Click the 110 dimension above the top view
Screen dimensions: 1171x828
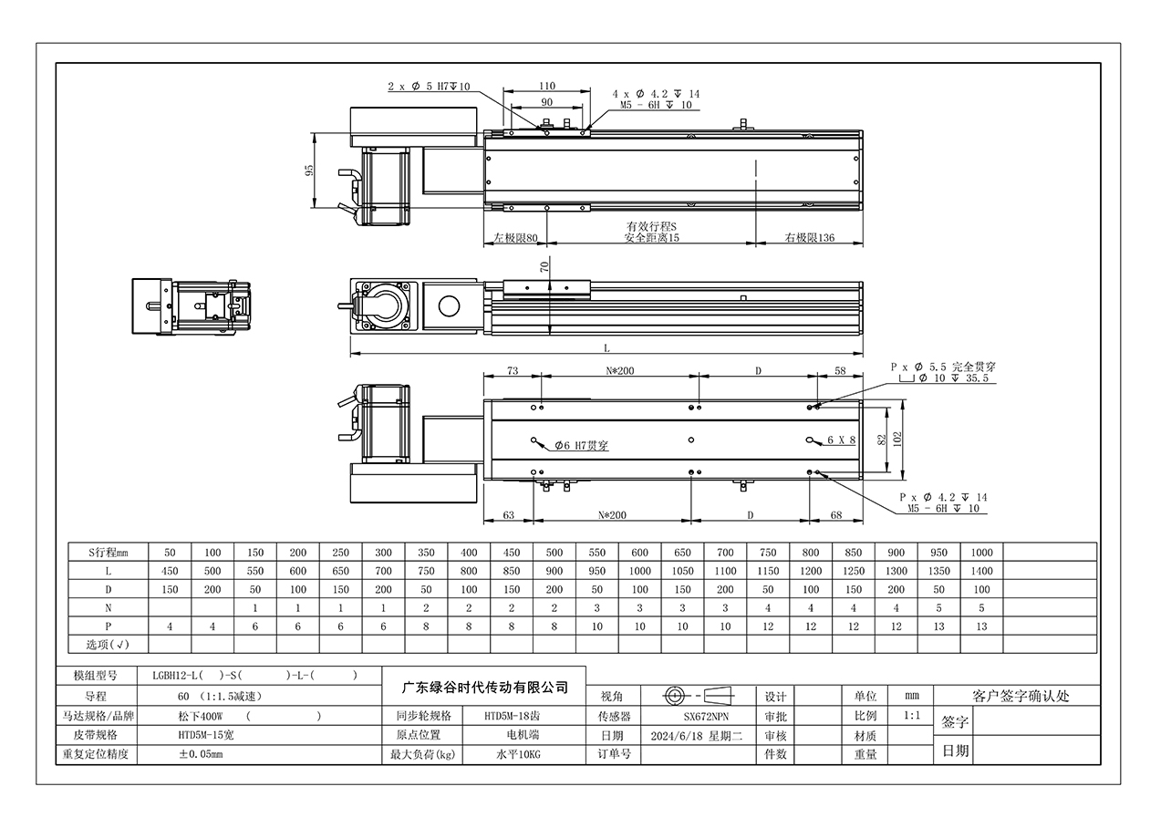click(547, 86)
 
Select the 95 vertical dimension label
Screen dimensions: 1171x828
click(309, 171)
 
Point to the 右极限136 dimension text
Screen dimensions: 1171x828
click(809, 238)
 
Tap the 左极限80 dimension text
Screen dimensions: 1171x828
click(515, 238)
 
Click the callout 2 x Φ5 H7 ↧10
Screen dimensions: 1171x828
click(429, 87)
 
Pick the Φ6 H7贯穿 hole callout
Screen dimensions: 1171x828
click(581, 445)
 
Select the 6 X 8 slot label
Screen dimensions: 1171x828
click(841, 440)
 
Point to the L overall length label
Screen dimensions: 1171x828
click(606, 348)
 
